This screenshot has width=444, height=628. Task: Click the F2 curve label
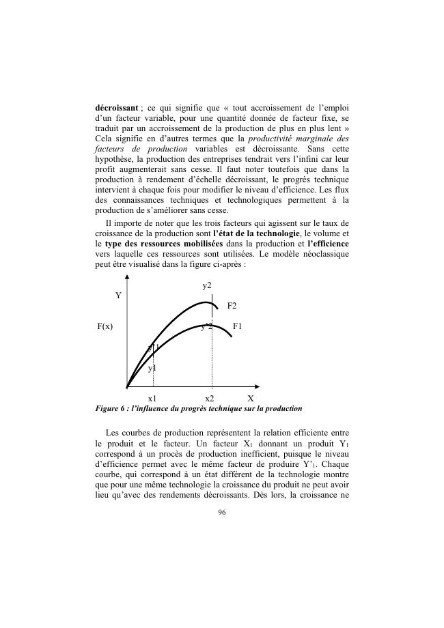tap(232, 306)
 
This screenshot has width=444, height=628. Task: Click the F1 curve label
tap(237, 327)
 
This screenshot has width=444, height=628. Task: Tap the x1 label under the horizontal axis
tap(152, 398)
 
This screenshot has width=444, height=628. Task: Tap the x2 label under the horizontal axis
tap(209, 398)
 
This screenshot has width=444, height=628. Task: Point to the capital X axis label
tap(251, 398)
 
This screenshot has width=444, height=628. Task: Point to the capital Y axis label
tap(118, 296)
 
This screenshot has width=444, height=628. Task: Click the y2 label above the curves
tap(207, 284)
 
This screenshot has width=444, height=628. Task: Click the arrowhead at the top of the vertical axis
tap(127, 278)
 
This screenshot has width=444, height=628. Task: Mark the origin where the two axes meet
tap(127, 386)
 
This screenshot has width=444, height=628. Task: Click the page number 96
tap(221, 512)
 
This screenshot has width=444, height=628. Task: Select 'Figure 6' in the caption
tap(112, 408)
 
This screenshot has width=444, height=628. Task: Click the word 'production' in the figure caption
tap(281, 408)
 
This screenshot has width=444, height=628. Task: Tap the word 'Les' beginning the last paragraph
tap(113, 433)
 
